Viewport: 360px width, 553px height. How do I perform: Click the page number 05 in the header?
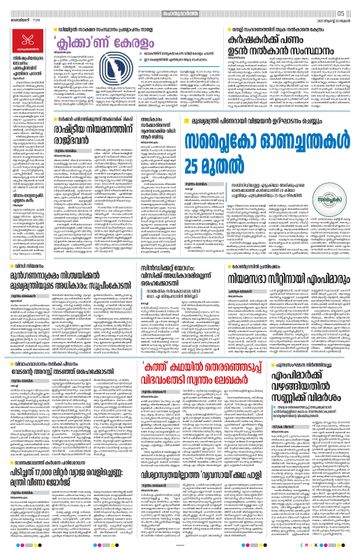[342, 13]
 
